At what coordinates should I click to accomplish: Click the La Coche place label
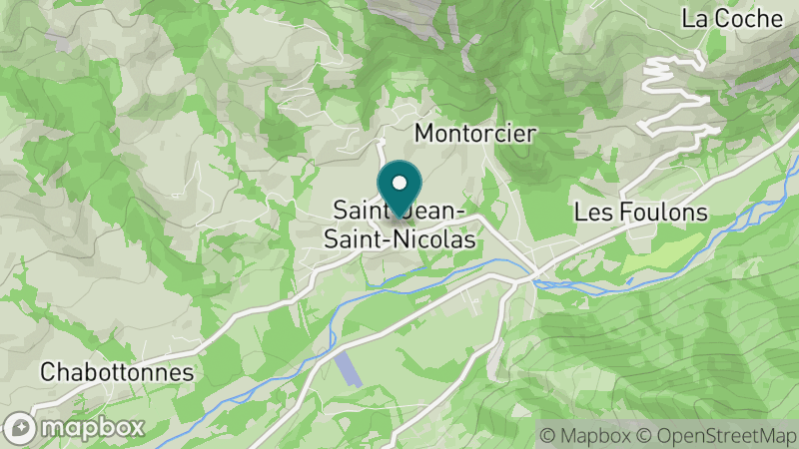click(732, 18)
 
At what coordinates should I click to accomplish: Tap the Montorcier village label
click(475, 133)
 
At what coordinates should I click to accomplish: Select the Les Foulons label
click(641, 213)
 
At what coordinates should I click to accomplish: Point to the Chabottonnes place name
click(117, 372)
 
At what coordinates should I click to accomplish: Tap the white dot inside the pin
click(399, 183)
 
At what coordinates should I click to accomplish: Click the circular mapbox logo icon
click(22, 427)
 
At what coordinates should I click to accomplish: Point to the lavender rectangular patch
click(346, 370)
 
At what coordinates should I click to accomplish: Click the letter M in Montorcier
click(423, 133)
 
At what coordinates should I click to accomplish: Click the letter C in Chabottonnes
click(48, 372)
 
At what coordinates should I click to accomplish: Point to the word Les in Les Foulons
click(590, 213)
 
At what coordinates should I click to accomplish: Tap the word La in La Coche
click(693, 18)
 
